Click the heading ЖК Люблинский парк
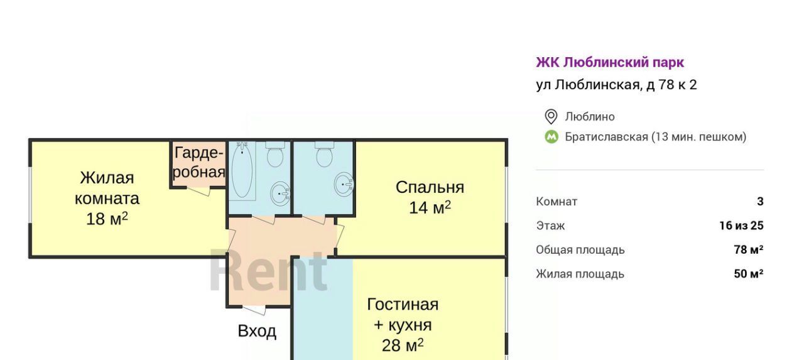(610, 62)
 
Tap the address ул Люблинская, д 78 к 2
(616, 85)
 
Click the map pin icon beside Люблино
(551, 117)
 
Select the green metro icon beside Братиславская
(551, 137)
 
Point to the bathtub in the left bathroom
(242, 170)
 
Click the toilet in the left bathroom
(275, 154)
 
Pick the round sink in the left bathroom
(280, 194)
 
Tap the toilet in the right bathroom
(325, 154)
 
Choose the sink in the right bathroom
(344, 184)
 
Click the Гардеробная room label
(199, 162)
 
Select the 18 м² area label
(107, 219)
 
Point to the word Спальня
(430, 187)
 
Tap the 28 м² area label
(403, 346)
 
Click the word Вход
(257, 331)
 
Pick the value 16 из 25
(741, 226)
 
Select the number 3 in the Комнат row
(760, 202)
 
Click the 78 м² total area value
(748, 250)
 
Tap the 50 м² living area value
(748, 274)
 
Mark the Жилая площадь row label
(580, 274)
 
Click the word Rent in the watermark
(268, 270)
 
